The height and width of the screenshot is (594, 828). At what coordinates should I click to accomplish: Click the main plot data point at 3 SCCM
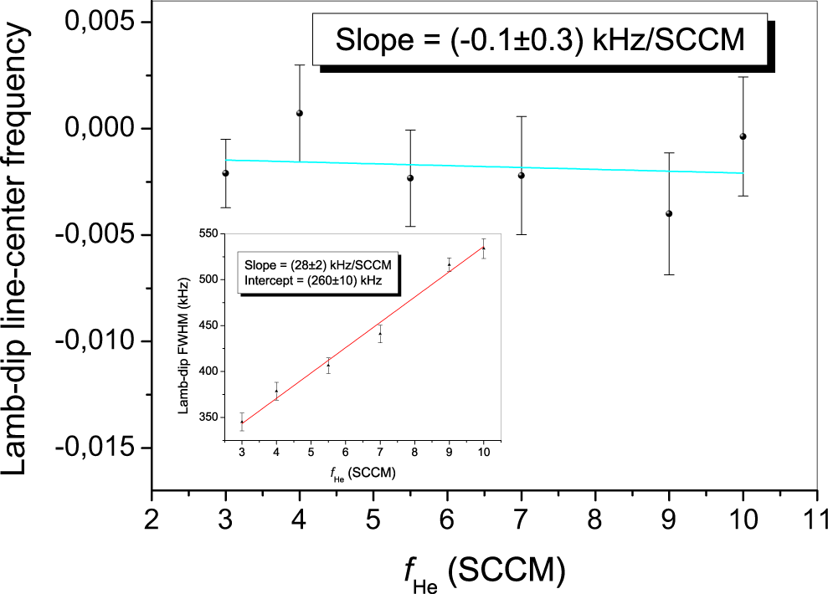click(x=225, y=173)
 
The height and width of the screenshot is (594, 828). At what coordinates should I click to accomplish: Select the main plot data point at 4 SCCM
click(x=299, y=113)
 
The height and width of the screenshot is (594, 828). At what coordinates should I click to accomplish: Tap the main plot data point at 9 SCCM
click(x=669, y=213)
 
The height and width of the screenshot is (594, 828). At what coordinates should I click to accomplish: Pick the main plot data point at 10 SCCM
click(x=743, y=136)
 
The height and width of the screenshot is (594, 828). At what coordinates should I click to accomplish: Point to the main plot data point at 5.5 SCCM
click(x=410, y=177)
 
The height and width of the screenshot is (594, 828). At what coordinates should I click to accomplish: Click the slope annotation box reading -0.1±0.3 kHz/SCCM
click(x=539, y=41)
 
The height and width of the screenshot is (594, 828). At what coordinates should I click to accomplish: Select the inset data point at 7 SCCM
click(x=380, y=334)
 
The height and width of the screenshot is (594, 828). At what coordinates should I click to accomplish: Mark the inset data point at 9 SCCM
click(x=449, y=264)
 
